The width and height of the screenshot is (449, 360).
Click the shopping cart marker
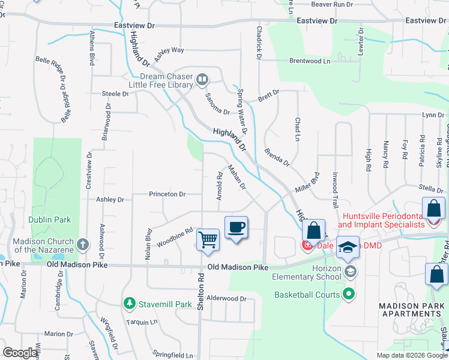point(208,239)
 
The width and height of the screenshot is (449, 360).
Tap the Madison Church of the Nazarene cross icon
point(83,245)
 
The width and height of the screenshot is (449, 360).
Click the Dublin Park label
point(50,220)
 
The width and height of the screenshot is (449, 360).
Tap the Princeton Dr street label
point(167,194)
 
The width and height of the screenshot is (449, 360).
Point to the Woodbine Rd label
point(175,237)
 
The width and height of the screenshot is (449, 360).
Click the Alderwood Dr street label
point(226,298)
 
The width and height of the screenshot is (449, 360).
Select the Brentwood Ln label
point(310,61)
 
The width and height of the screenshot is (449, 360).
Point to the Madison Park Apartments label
point(411,310)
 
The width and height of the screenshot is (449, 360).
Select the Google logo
point(21,353)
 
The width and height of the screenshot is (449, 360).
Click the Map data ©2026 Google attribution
point(411,355)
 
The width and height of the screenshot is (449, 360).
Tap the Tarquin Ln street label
point(142,322)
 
